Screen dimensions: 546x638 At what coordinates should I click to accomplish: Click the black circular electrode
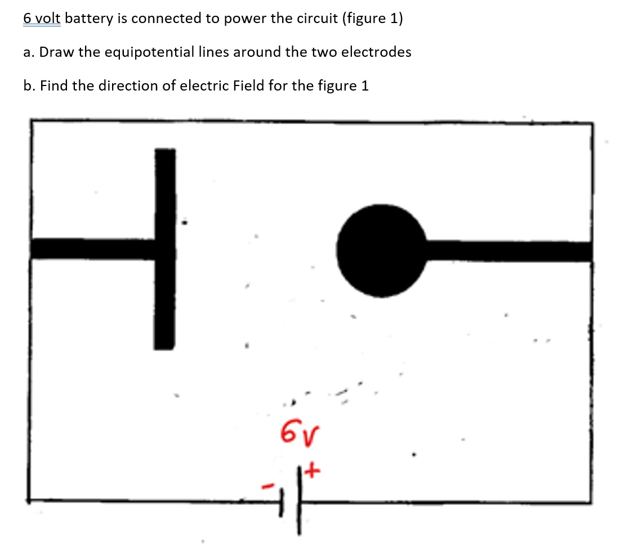[x=382, y=250]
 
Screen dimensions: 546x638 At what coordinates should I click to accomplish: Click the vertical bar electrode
[x=164, y=249]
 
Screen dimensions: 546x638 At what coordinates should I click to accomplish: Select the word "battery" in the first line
[x=94, y=19]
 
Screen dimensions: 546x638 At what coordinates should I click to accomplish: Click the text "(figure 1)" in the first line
[x=372, y=19]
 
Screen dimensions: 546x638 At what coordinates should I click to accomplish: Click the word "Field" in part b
[x=249, y=86]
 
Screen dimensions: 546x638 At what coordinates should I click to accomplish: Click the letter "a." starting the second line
[x=29, y=52]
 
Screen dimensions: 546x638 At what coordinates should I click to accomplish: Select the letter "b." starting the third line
[x=29, y=86]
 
